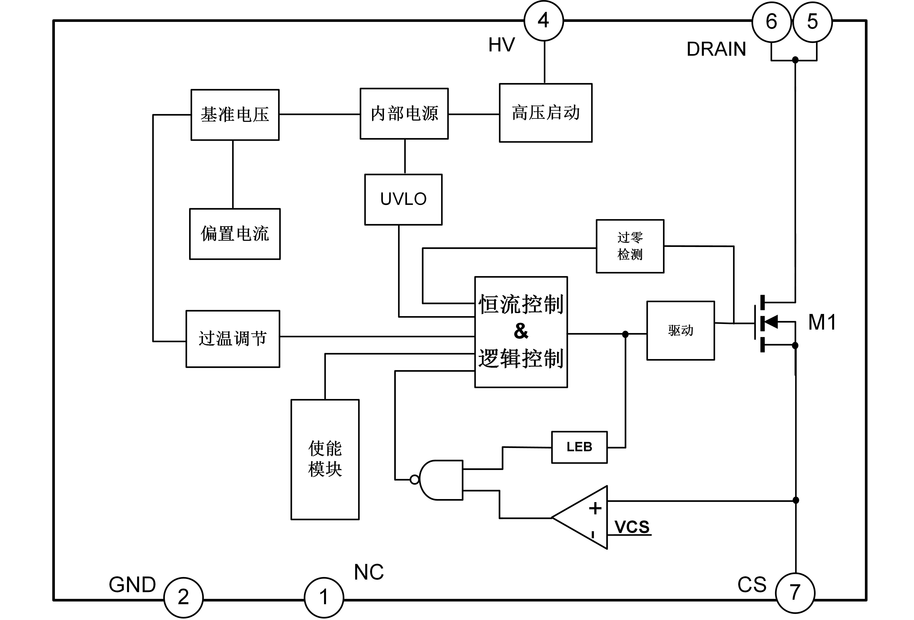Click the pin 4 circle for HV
click(544, 21)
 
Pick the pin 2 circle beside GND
click(183, 597)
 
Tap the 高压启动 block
click(546, 113)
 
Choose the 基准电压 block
click(235, 115)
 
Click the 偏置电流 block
click(235, 234)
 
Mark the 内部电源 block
click(404, 114)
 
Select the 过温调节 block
click(233, 339)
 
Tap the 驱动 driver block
click(680, 330)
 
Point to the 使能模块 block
click(325, 459)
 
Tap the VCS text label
click(632, 527)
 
